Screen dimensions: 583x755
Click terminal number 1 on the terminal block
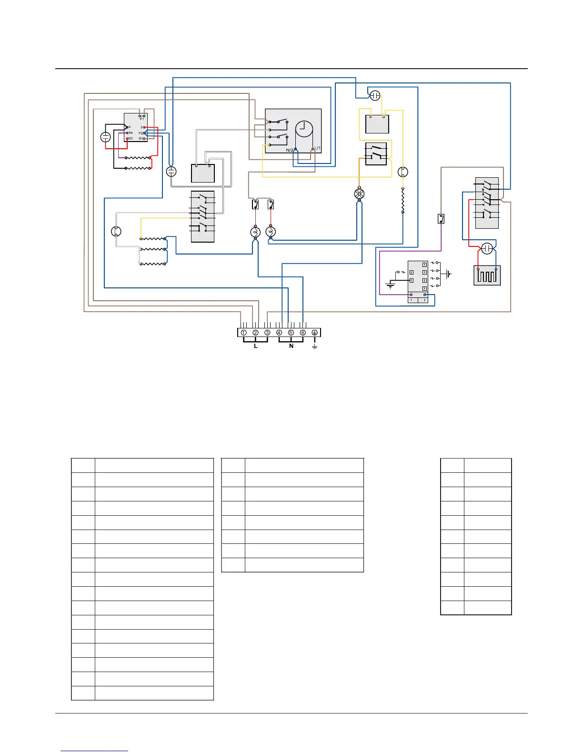coord(243,333)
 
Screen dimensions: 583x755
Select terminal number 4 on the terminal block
coord(279,333)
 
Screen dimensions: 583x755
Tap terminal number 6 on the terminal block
coord(302,333)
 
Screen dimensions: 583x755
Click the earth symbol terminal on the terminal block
coord(314,333)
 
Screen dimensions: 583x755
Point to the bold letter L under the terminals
coord(256,346)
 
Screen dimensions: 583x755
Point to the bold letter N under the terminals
coord(291,346)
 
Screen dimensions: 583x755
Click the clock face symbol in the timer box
coord(304,130)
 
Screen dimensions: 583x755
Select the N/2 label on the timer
coord(290,150)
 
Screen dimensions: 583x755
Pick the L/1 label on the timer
coord(317,148)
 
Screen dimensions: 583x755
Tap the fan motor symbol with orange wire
coord(359,194)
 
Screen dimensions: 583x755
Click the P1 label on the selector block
coord(141,119)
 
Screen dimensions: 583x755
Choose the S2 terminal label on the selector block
coord(130,138)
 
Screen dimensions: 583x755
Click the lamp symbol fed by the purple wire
coord(255,232)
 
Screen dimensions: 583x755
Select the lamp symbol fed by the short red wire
coord(271,232)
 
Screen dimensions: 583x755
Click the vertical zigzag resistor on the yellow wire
coord(403,201)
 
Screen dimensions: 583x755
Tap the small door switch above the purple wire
coord(441,219)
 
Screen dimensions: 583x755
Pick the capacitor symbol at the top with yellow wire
coord(375,95)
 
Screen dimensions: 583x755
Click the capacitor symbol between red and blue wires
coord(486,248)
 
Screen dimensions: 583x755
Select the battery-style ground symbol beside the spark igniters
coord(448,274)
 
